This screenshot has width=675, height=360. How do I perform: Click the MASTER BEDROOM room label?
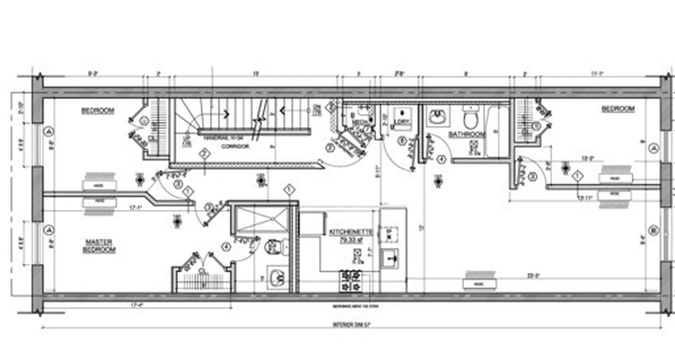(99, 246)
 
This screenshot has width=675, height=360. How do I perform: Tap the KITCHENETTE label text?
(351, 232)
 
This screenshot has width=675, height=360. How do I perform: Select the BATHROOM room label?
(467, 134)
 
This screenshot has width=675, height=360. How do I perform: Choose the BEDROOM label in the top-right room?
(617, 109)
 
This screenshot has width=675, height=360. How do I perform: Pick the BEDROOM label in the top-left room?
(98, 110)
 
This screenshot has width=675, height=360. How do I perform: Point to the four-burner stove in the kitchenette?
(351, 280)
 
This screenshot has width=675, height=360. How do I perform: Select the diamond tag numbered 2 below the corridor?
(205, 154)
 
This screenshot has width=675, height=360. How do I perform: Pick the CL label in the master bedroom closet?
(202, 270)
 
